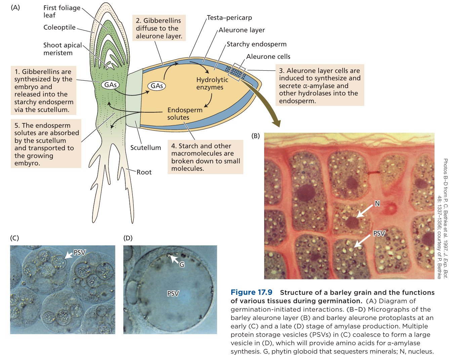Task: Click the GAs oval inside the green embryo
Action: pos(110,85)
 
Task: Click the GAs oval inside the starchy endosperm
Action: pos(157,86)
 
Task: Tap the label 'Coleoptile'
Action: pos(59,27)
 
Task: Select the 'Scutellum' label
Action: pos(146,148)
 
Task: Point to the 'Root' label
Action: pos(144,172)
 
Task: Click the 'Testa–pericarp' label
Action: pos(229,17)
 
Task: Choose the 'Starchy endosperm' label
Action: pos(256,44)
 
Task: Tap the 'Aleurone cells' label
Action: pos(268,56)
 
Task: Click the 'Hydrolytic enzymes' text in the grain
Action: pos(212,83)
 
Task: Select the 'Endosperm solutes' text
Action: pos(184,114)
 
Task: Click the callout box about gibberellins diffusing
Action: pos(159,28)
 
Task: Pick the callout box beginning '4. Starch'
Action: pos(205,157)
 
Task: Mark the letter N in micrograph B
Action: pos(377,203)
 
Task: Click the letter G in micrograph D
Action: pos(182,265)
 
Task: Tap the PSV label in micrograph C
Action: pos(80,252)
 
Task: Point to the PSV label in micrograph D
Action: pos(173,293)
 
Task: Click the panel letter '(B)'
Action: pos(256,136)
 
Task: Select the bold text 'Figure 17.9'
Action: pos(251,292)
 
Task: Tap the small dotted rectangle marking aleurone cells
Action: pos(236,72)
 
